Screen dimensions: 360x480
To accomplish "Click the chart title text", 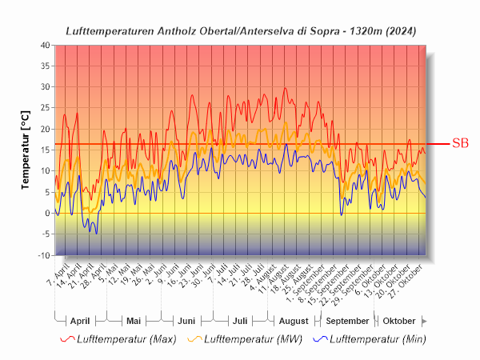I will (240, 30).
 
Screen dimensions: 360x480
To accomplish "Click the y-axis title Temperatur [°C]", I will (25, 150).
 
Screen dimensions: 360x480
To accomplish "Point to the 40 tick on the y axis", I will (44, 45).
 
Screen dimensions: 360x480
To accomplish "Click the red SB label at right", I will (460, 144).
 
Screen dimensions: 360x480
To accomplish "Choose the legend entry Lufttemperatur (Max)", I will (126, 339).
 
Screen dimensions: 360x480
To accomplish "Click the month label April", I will (80, 321).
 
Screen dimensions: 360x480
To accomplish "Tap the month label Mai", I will (134, 321).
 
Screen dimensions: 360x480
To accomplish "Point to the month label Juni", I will (186, 321).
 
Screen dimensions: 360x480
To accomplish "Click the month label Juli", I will (240, 321).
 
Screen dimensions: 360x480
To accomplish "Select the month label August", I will (294, 321).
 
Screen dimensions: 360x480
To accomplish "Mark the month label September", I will (347, 321).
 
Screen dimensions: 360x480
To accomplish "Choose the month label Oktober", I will (399, 321).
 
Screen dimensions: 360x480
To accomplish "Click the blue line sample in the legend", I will (318, 339).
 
